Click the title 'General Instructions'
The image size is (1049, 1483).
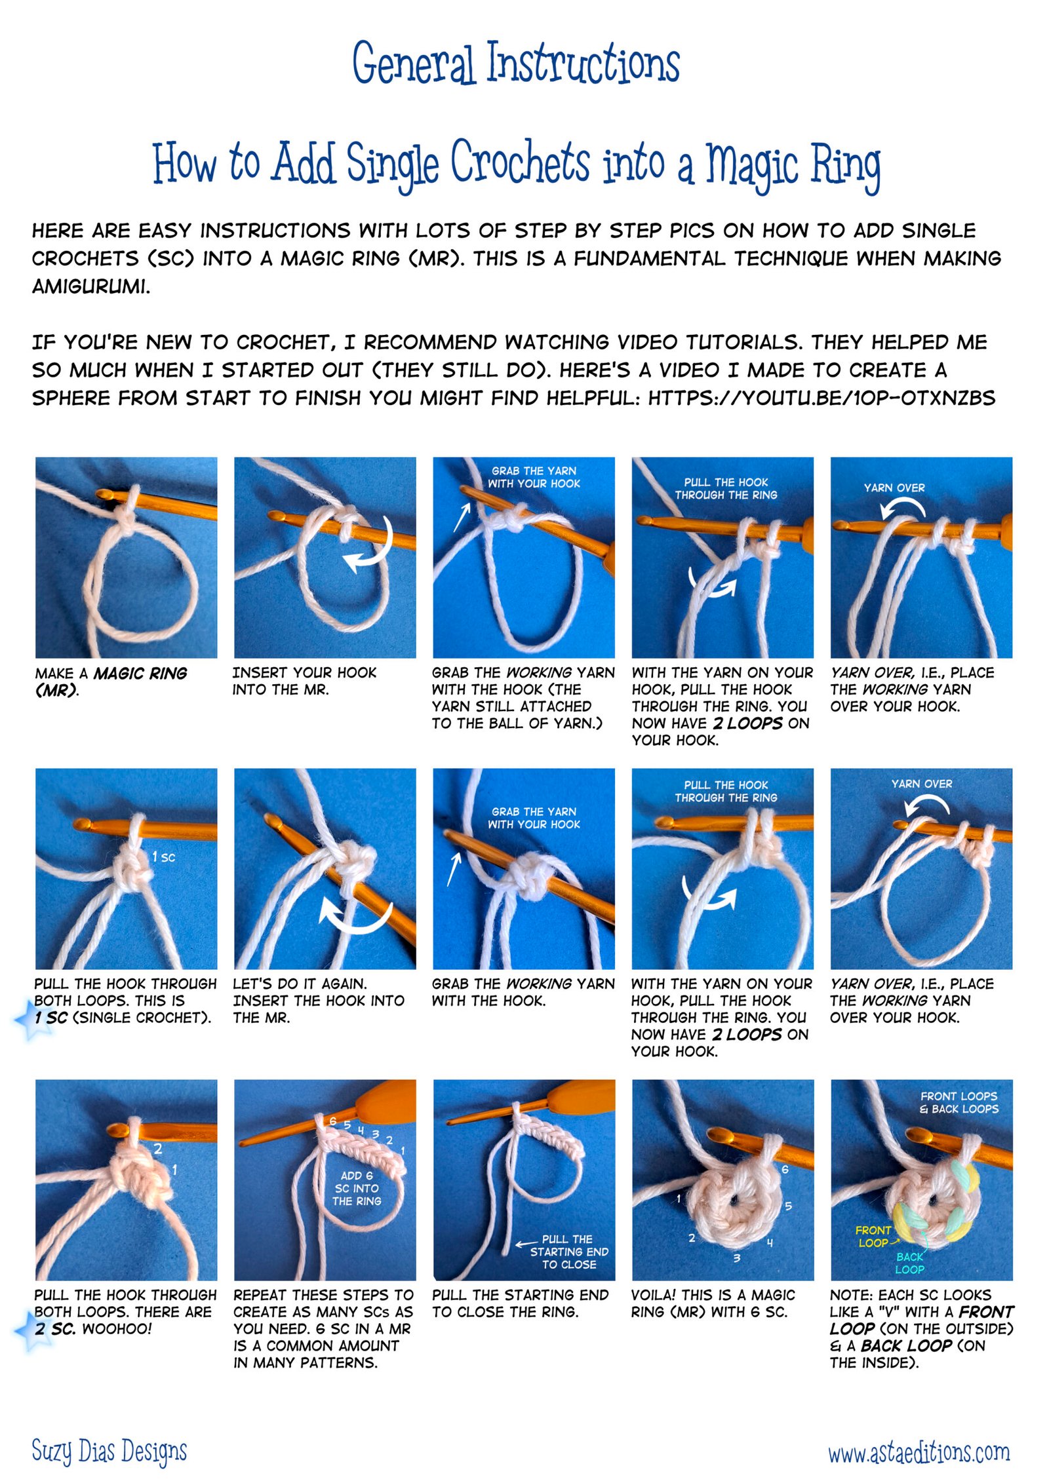tap(516, 63)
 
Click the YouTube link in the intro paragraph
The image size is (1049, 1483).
tap(821, 398)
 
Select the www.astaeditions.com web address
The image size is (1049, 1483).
tap(919, 1452)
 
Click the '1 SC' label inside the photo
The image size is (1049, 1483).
tap(163, 857)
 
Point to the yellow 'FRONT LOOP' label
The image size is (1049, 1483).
tap(873, 1237)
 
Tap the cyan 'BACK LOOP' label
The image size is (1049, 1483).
tap(910, 1263)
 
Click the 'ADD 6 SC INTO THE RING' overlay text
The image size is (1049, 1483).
tap(357, 1188)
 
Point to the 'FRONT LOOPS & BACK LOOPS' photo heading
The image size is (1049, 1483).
tap(959, 1102)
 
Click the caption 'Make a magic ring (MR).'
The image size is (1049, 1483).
tap(111, 681)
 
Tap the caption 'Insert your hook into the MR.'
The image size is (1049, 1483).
tap(304, 681)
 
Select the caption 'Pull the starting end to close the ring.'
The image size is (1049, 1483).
tap(521, 1303)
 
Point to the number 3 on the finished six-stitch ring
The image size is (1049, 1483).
tap(737, 1258)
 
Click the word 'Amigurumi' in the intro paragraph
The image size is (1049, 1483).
tap(91, 286)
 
